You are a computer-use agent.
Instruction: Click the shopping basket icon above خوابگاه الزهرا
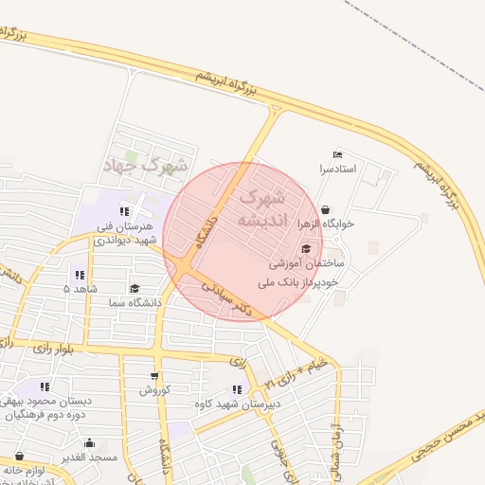pyautogui.click(x=326, y=210)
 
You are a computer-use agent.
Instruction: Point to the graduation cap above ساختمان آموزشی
pyautogui.click(x=304, y=248)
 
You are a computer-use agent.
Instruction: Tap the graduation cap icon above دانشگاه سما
pyautogui.click(x=134, y=289)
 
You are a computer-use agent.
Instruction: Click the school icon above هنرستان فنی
pyautogui.click(x=124, y=211)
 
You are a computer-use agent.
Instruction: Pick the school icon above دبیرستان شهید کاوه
pyautogui.click(x=235, y=389)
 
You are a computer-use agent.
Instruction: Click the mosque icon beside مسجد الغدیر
pyautogui.click(x=90, y=442)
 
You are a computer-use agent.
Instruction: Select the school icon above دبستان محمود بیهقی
pyautogui.click(x=44, y=386)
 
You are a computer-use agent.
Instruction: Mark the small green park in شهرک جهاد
pyautogui.click(x=132, y=156)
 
